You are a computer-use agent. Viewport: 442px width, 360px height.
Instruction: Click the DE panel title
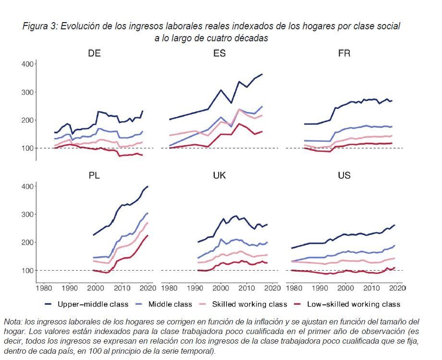[94, 53]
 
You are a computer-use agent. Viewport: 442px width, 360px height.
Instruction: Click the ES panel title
[220, 53]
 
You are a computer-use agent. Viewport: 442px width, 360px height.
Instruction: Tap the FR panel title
[344, 53]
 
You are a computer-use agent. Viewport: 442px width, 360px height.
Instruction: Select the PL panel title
[94, 175]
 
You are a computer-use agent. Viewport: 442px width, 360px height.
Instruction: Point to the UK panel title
[220, 175]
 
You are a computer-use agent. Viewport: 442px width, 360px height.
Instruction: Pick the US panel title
[344, 175]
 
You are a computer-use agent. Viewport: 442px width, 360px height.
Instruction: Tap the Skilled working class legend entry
[249, 304]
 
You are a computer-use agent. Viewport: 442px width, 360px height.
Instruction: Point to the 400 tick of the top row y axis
[28, 64]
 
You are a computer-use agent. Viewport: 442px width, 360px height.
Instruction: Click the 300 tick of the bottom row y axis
[28, 214]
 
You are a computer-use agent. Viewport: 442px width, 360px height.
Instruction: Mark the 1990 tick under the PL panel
[70, 288]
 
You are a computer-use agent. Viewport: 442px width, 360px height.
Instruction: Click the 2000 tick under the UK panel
[221, 288]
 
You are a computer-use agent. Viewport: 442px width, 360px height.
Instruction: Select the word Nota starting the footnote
[12, 322]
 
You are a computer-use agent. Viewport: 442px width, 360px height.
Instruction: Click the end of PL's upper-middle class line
[147, 186]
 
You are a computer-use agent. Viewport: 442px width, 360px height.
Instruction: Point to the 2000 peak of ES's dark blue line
[221, 90]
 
